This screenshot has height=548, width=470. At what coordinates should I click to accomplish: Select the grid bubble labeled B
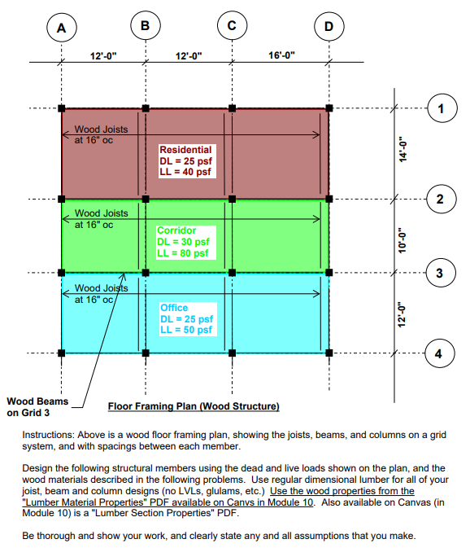145,25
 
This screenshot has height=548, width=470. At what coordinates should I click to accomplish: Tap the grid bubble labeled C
233,25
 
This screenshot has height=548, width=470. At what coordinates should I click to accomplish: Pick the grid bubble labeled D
329,27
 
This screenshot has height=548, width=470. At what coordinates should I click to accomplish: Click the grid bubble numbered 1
441,107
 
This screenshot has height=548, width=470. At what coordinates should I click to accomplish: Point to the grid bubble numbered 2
441,199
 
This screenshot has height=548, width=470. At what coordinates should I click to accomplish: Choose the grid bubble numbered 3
441,273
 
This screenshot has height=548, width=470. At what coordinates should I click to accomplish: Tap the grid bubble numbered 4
441,353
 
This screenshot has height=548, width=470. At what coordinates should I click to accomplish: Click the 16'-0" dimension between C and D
281,55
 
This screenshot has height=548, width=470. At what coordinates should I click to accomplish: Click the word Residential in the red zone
185,150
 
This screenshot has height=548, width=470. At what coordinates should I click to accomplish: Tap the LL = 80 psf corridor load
183,253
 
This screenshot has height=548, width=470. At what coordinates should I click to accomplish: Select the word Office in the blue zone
174,308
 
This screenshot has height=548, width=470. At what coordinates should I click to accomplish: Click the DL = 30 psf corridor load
183,242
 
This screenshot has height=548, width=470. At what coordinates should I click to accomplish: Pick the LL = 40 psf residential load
185,172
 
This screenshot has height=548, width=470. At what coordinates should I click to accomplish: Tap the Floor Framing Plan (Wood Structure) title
194,406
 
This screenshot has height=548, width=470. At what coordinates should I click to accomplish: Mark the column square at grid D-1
329,107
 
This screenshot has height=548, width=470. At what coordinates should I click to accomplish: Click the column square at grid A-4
62,353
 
